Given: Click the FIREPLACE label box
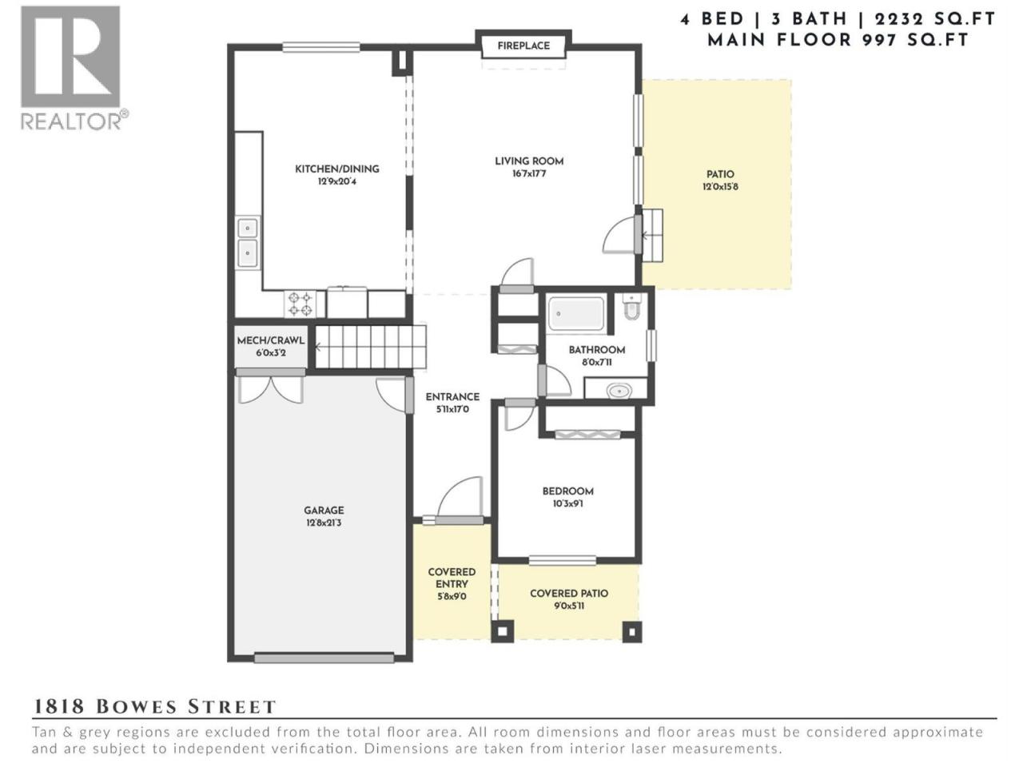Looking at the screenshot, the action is (x=523, y=46).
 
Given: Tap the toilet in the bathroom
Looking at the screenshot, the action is (x=631, y=307).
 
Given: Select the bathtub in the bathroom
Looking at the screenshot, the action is (x=576, y=314).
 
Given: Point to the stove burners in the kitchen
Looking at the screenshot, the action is (x=300, y=304).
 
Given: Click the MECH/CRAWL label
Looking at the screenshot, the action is (x=270, y=340).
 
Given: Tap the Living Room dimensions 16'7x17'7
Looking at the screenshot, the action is (x=528, y=174).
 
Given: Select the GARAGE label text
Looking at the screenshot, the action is (x=324, y=511).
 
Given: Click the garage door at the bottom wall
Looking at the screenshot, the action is (x=324, y=658).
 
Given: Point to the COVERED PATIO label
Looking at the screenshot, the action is (x=568, y=594).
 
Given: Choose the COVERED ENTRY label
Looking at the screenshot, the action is (x=452, y=578).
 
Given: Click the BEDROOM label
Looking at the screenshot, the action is (x=567, y=491).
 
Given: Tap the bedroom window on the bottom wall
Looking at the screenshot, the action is (x=563, y=560).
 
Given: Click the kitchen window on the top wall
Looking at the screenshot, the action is (x=321, y=47).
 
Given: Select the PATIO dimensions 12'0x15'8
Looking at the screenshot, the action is (x=720, y=187).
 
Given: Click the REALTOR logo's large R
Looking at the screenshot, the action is (x=71, y=56).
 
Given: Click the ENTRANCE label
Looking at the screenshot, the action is (x=452, y=397).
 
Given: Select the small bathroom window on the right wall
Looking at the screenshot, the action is (x=651, y=345).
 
